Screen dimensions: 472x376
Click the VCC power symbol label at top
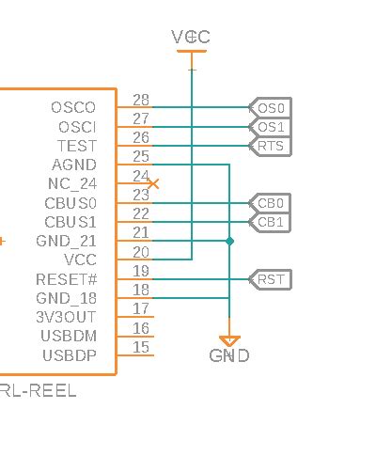(x=191, y=37)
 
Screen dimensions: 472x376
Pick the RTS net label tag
(x=271, y=146)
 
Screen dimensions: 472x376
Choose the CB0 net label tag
(x=271, y=203)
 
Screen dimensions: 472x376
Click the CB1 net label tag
(x=271, y=222)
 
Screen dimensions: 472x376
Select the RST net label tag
(x=271, y=279)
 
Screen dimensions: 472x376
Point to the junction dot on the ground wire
(x=229, y=242)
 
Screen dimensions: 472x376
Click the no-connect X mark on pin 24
(x=153, y=184)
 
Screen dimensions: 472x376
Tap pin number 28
(x=141, y=101)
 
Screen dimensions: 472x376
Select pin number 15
(x=141, y=348)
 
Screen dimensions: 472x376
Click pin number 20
(x=141, y=252)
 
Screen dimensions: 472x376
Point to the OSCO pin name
(x=73, y=108)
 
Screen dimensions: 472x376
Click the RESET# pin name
(x=66, y=279)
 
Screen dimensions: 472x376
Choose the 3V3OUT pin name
(x=67, y=317)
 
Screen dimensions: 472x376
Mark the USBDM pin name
(x=69, y=336)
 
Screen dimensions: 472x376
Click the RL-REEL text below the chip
(x=39, y=390)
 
